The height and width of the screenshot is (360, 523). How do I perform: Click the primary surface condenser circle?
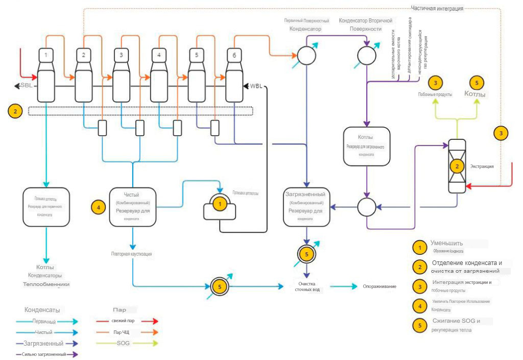(x=307, y=55)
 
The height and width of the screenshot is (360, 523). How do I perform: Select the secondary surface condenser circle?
(x=366, y=55)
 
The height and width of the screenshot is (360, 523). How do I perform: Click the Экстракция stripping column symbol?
(x=457, y=165)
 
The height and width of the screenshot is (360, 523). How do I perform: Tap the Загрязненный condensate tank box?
(x=306, y=206)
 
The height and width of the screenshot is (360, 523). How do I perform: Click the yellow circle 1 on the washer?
(x=220, y=204)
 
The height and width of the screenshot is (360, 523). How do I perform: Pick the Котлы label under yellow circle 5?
(x=476, y=94)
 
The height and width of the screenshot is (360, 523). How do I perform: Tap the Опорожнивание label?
(x=379, y=286)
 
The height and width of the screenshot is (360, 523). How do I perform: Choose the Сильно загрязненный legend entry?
(x=44, y=354)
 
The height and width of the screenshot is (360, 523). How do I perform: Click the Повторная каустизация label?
(x=131, y=253)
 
